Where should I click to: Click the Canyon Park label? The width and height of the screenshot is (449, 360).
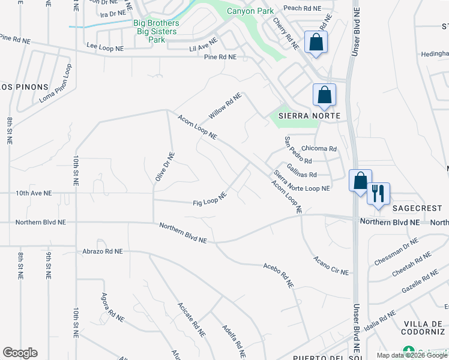coord(250,11)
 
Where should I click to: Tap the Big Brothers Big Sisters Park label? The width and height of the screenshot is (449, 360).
coord(155,32)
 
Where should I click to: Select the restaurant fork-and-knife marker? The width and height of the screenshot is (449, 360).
coord(378,194)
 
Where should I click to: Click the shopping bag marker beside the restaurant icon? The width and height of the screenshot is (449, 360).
coord(360,181)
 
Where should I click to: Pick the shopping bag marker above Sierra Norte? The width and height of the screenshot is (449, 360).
coord(324,95)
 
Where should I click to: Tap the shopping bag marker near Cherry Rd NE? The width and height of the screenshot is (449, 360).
coord(316,43)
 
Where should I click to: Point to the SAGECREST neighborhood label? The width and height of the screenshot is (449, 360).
coord(417,208)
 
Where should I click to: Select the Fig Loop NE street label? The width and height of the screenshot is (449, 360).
coord(209,198)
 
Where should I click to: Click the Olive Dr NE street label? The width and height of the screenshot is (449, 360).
coord(165,166)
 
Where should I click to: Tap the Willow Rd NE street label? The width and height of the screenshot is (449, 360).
coord(224,105)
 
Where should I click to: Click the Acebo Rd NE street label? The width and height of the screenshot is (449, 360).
coord(278,275)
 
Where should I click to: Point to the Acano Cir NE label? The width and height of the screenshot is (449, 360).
coord(331,266)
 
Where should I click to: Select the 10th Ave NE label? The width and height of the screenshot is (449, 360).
coord(34,193)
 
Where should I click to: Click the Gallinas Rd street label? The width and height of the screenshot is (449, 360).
coord(301,171)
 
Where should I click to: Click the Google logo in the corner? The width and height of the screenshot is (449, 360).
coord(20,353)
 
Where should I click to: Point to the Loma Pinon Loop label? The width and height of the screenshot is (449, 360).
coord(55,88)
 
